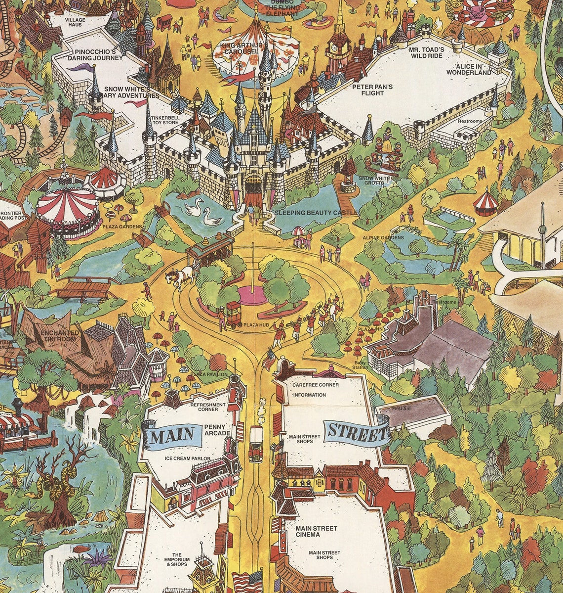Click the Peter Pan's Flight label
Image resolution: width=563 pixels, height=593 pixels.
click(x=372, y=90)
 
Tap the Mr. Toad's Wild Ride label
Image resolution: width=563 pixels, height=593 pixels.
click(x=426, y=53)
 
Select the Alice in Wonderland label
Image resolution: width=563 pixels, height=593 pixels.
click(x=469, y=69)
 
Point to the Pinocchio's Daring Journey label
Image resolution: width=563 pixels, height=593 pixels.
click(x=95, y=55)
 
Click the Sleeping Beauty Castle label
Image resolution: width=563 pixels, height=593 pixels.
click(x=316, y=213)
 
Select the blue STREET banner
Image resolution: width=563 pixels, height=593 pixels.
click(x=356, y=433)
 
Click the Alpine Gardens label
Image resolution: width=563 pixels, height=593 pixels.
click(x=383, y=237)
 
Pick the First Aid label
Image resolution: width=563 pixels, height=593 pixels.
click(x=401, y=409)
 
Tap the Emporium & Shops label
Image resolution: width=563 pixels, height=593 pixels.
click(x=177, y=559)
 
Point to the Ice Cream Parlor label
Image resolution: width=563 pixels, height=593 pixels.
click(x=187, y=458)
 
